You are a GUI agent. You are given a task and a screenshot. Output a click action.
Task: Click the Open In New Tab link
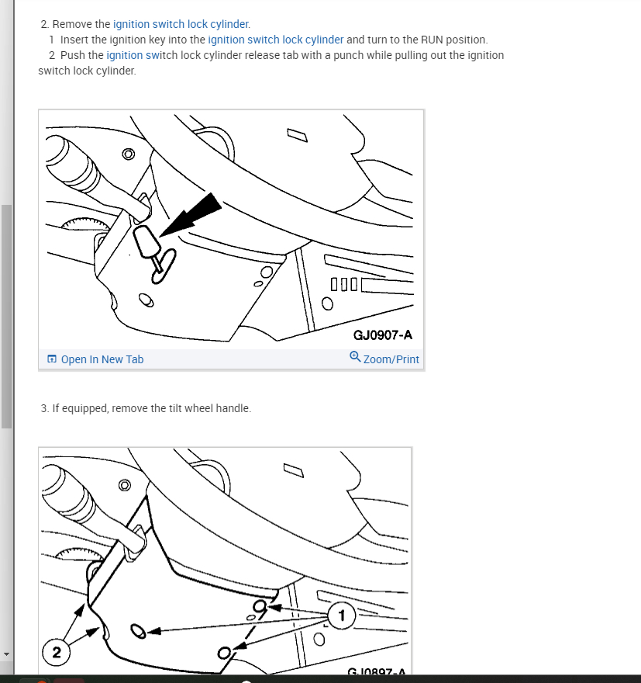pos(102,359)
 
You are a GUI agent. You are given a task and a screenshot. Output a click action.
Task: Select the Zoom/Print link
pos(391,359)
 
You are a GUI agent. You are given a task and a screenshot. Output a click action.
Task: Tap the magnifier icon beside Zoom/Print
pos(355,357)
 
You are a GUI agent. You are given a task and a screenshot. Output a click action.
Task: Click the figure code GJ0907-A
pos(383,335)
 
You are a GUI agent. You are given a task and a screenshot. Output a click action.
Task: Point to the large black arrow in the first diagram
pos(191,215)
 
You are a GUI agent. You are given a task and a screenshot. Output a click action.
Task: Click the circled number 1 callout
pos(341,615)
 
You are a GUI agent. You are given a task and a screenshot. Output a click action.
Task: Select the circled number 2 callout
pos(56,652)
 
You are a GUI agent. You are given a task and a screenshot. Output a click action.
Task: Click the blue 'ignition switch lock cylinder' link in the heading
pos(181,24)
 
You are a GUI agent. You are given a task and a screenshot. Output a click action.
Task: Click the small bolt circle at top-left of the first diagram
pos(129,154)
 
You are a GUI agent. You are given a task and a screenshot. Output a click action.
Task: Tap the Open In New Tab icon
pos(52,359)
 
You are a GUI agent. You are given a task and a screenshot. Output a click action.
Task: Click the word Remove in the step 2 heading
pos(72,24)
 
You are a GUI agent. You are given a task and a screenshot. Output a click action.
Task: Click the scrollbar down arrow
pos(6,654)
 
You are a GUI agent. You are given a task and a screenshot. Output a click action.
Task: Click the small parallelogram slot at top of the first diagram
pos(298,135)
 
